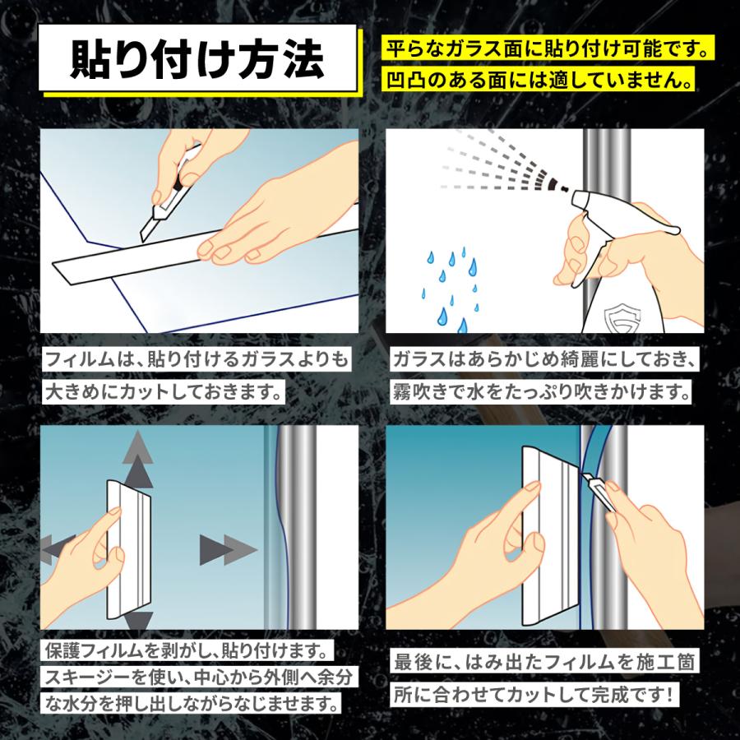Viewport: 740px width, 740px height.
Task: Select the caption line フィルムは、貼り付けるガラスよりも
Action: pyautogui.click(x=197, y=360)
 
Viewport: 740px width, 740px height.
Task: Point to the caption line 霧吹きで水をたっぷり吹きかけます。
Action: pyautogui.click(x=540, y=391)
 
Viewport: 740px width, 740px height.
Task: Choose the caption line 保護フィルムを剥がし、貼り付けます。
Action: pyautogui.click(x=187, y=652)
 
